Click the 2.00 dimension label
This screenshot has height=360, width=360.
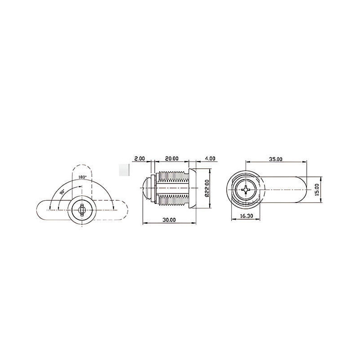[139, 158]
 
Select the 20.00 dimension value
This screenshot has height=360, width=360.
[172, 158]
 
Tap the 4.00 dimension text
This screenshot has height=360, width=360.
[210, 158]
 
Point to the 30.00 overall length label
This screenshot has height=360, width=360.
[169, 220]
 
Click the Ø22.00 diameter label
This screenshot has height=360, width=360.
[207, 188]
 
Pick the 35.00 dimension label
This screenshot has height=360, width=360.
[276, 159]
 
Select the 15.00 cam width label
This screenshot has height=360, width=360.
[317, 189]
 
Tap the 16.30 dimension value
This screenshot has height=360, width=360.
[247, 216]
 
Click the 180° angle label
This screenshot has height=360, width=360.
[82, 177]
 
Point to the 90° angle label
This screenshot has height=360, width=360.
[63, 192]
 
